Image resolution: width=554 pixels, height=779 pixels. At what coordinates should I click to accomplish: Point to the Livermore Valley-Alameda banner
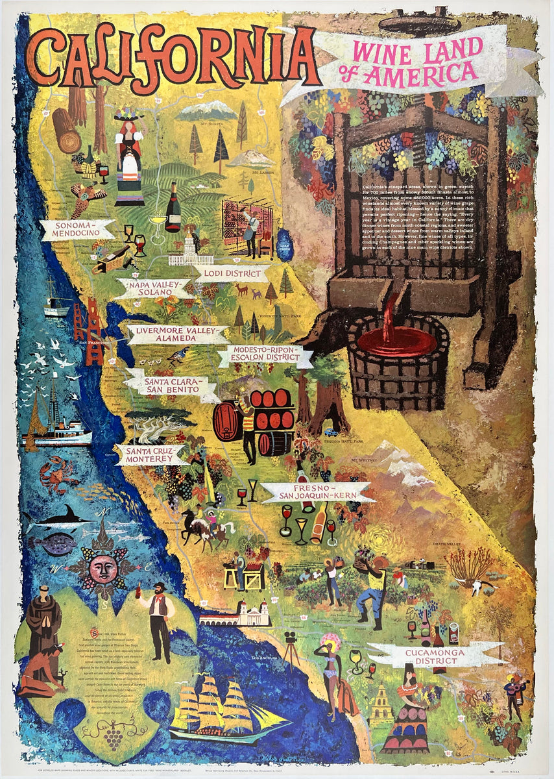tap(177, 334)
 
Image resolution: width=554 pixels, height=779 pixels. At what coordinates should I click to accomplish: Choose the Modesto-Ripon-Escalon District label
tap(265, 356)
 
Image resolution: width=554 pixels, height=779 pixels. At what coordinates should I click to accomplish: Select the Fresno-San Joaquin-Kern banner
tap(317, 492)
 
